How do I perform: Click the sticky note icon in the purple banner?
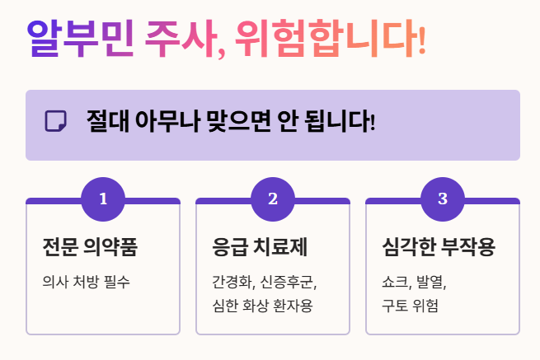coord(55,121)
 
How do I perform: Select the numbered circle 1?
coord(103,199)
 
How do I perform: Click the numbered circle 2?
coord(273,199)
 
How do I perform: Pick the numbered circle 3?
coord(443,199)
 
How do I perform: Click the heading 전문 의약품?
coord(90,246)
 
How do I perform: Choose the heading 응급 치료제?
coord(260,246)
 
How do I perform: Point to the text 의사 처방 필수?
coord(87,282)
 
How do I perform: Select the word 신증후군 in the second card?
coord(288,282)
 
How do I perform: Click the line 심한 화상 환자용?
coord(262,306)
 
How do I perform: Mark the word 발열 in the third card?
coord(432,282)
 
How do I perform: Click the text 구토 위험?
coord(410,306)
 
